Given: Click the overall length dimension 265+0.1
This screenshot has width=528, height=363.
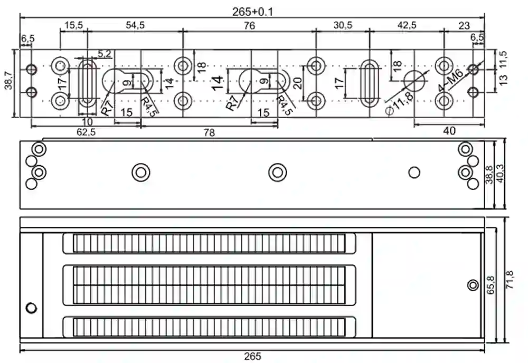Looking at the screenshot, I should tap(253, 11).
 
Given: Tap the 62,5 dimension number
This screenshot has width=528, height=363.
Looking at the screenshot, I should tap(86, 132).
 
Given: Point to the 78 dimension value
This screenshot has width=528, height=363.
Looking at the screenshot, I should tap(209, 133).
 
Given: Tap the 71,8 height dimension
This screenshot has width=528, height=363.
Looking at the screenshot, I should tap(510, 280).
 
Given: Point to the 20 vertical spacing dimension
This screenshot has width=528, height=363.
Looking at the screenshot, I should tap(297, 82).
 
